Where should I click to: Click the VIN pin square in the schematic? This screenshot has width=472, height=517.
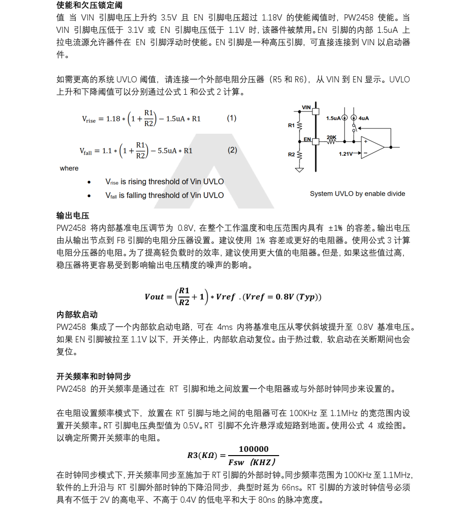coord(315,110)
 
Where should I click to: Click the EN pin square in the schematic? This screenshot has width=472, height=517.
coord(315,140)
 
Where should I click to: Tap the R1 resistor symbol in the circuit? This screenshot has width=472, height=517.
coord(300,126)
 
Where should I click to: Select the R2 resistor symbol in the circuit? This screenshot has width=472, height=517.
coord(300,154)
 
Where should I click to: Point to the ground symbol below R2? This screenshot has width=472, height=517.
coord(300,169)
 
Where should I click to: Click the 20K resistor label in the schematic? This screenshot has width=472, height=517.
coord(331,137)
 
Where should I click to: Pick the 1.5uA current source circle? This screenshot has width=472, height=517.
coord(344,118)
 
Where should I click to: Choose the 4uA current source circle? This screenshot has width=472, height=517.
coord(353,118)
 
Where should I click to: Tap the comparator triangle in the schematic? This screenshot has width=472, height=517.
coord(372,147)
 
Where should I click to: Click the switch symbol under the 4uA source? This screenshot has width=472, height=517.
coord(353,129)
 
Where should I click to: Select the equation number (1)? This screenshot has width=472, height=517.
coord(231,118)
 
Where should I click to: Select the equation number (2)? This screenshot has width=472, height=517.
coord(232,150)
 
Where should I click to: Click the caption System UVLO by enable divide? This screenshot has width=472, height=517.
coord(357,194)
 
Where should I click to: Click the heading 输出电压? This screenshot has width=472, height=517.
coord(73,216)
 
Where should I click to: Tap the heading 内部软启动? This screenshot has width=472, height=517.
coord(77,315)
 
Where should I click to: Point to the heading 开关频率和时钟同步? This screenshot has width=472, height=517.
coord(93,377)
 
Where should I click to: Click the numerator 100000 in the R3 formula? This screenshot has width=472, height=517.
coord(253,449)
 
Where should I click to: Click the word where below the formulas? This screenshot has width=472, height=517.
coord(69,169)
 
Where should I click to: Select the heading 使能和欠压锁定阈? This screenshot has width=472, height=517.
coord(89,5)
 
